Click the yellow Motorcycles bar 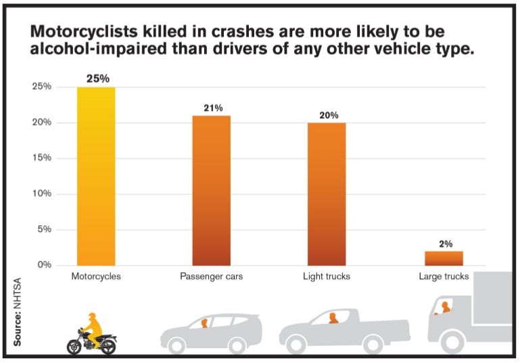tap(96, 176)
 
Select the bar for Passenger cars tap(211, 190)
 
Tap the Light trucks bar tap(327, 193)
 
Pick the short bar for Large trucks tap(444, 258)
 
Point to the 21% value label tap(212, 107)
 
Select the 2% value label tap(444, 243)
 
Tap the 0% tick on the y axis tap(45, 265)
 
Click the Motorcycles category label tap(96, 277)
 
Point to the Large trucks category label tap(444, 277)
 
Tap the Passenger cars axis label tap(212, 277)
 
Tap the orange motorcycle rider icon tap(95, 325)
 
